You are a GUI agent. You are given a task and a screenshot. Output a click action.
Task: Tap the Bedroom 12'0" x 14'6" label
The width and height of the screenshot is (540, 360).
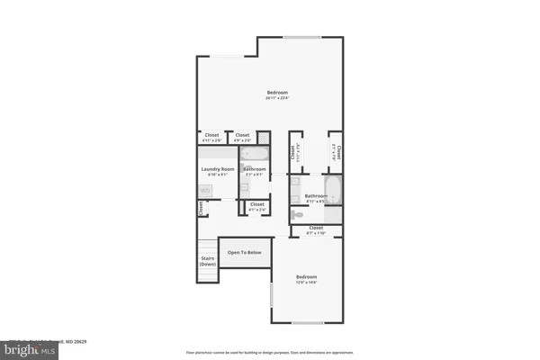click(x=307, y=279)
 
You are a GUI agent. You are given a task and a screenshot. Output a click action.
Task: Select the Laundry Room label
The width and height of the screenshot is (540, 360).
click(x=217, y=170)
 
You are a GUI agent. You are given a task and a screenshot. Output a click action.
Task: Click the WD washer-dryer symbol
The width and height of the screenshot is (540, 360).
click(x=205, y=190)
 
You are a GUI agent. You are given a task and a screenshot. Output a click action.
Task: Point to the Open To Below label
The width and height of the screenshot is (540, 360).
click(x=245, y=253)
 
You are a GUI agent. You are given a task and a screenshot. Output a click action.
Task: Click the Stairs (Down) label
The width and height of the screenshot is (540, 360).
click(x=208, y=262)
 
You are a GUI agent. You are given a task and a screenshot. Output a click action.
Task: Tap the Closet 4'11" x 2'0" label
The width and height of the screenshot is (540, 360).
click(x=211, y=137)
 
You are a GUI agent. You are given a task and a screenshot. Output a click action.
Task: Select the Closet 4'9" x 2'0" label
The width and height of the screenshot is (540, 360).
click(x=242, y=137)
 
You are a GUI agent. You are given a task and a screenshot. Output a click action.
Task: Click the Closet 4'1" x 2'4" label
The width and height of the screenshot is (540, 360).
click(x=256, y=206)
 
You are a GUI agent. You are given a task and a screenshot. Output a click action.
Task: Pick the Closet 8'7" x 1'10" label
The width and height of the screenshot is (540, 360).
click(x=316, y=229)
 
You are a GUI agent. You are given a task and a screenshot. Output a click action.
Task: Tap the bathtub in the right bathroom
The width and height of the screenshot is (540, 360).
click(x=330, y=190)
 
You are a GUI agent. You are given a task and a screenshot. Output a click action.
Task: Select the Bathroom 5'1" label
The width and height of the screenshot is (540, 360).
click(x=255, y=171)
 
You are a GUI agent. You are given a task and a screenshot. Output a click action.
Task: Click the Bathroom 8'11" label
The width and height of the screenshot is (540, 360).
click(x=316, y=198)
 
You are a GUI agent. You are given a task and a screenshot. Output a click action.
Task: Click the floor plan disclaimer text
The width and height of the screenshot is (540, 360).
click(x=270, y=352)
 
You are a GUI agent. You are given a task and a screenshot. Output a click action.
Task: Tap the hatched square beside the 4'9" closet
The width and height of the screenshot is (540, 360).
click(x=264, y=138)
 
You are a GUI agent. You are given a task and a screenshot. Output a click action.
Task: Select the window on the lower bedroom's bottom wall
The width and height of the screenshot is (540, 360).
click(x=306, y=322)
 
